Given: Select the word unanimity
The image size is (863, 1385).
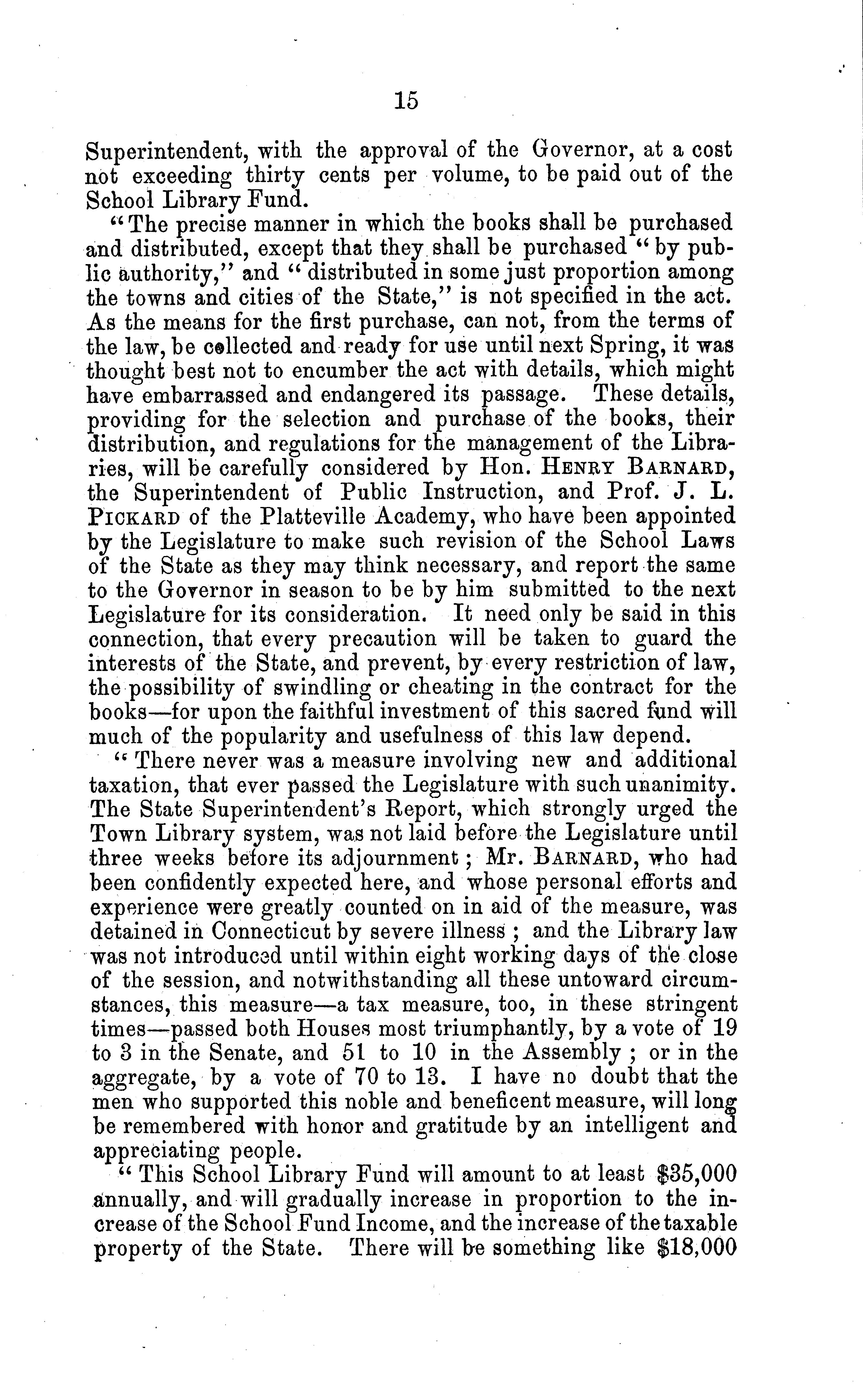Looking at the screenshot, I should [677, 785].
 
